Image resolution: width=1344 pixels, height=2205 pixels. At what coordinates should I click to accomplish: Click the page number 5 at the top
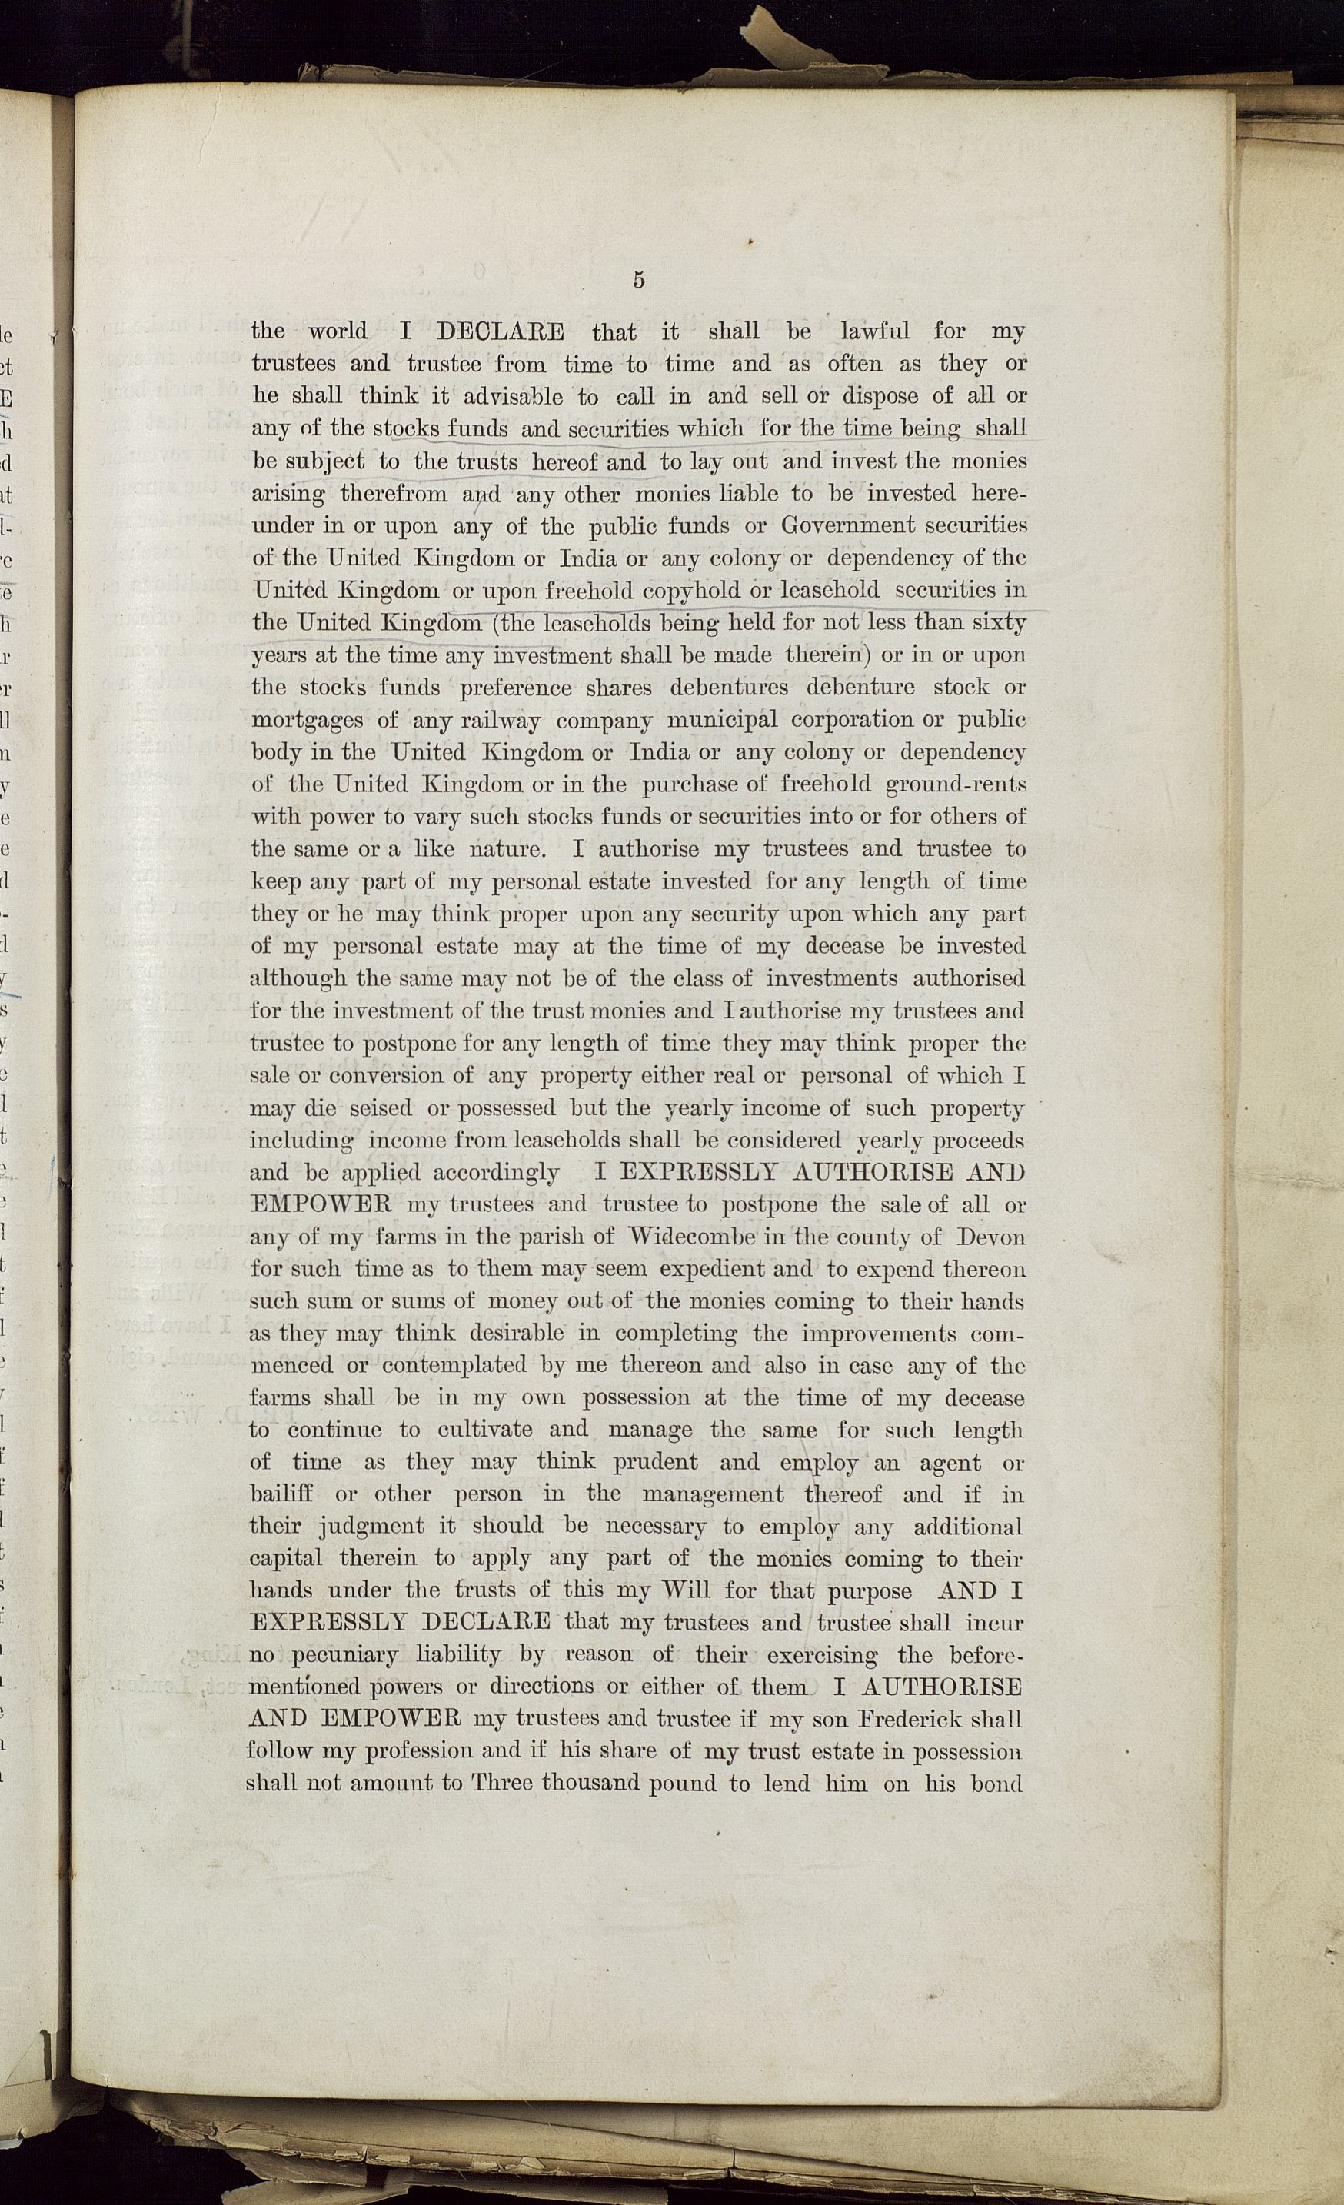pos(638,279)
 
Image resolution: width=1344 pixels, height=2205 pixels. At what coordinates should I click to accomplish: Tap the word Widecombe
pos(692,1237)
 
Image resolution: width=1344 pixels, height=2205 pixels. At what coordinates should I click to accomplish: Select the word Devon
pos(990,1237)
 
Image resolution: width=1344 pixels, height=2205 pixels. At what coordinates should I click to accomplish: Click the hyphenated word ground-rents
pos(955,784)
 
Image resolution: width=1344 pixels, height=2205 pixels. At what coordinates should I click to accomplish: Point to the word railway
pos(501,721)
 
